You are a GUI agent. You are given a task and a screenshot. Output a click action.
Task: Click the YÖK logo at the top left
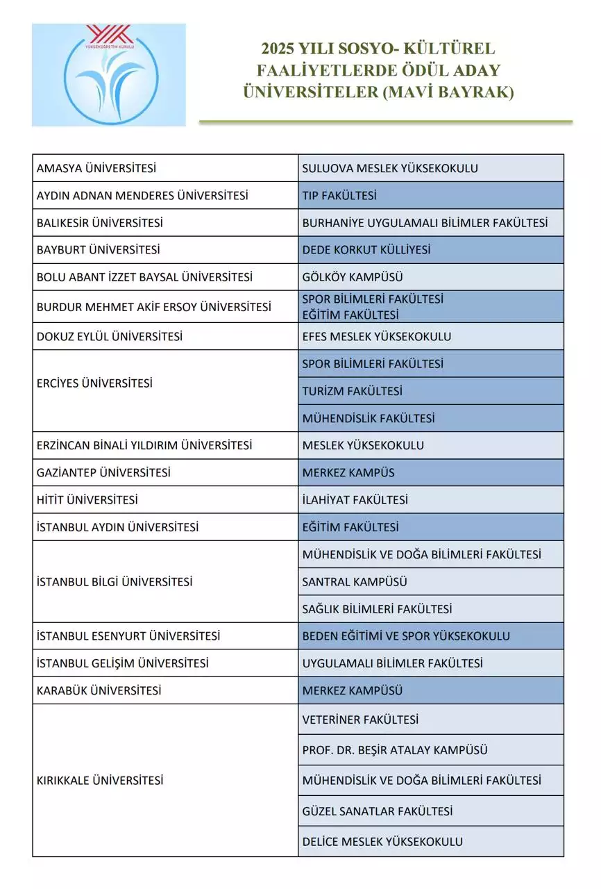(x=109, y=75)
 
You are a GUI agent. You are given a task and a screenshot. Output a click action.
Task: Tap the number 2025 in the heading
(x=277, y=49)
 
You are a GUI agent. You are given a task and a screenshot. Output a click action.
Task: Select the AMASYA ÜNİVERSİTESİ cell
(x=96, y=168)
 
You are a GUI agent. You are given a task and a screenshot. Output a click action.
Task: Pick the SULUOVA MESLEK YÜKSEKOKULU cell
(x=390, y=168)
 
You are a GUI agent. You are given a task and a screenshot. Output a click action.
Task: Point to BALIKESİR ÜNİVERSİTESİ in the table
(x=100, y=223)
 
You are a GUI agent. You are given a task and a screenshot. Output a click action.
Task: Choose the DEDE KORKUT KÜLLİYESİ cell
(x=366, y=250)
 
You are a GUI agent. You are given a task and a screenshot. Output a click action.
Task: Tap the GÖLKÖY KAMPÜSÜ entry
(x=353, y=277)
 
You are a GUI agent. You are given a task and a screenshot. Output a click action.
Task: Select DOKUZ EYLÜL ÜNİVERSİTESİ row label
(x=110, y=337)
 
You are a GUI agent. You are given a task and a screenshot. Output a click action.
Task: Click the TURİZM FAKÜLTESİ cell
(x=352, y=391)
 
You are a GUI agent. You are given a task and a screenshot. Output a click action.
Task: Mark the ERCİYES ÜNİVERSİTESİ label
(x=94, y=383)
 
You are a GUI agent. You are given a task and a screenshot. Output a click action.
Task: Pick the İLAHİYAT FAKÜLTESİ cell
(x=355, y=500)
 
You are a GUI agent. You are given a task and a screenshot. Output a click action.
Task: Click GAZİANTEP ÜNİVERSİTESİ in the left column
(x=103, y=473)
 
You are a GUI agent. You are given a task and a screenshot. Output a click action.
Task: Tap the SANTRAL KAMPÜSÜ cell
(x=355, y=582)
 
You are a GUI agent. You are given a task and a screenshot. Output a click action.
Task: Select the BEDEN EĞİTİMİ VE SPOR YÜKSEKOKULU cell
(x=406, y=636)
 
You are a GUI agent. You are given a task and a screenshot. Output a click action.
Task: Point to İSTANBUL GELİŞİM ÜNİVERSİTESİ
(x=123, y=663)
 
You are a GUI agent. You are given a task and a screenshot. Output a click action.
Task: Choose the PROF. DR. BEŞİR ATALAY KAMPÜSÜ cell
(x=395, y=750)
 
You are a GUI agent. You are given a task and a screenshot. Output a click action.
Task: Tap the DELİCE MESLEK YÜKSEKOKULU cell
(x=382, y=842)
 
